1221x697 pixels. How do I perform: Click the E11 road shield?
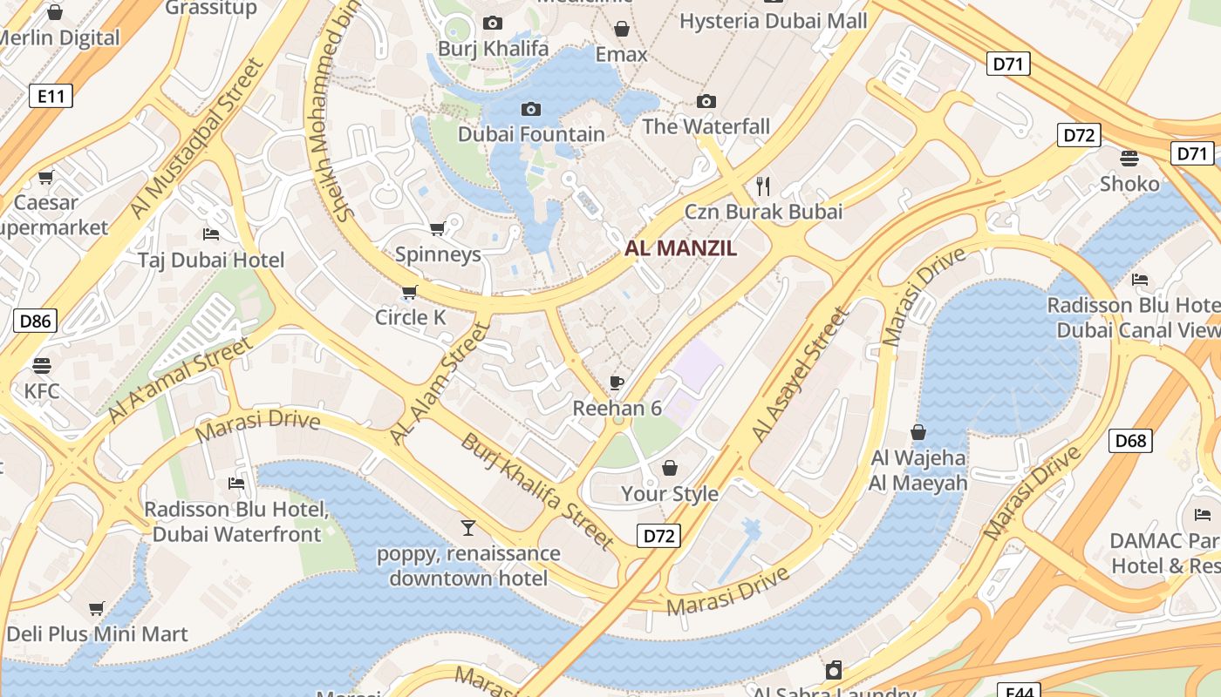51,96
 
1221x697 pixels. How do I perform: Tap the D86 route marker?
35,321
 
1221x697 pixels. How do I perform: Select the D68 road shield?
1129,440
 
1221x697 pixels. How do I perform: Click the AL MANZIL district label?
680,248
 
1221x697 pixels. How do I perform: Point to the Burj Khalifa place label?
494,48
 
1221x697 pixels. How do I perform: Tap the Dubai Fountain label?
531,134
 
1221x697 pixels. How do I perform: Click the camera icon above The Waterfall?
706,102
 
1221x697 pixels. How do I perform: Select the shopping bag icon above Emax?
622,30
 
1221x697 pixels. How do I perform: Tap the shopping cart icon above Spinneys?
437,229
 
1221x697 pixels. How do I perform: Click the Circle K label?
410,317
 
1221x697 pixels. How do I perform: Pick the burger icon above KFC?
42,365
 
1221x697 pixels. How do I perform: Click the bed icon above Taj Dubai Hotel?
210,234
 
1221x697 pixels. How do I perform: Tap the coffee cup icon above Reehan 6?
617,382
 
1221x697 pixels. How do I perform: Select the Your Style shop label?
669,493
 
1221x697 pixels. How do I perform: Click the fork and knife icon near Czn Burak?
763,186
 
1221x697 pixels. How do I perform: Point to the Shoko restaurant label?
1129,184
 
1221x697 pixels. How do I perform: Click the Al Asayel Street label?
800,375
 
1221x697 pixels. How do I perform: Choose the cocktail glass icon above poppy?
468,528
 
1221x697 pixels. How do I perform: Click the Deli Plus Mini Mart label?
97,633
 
